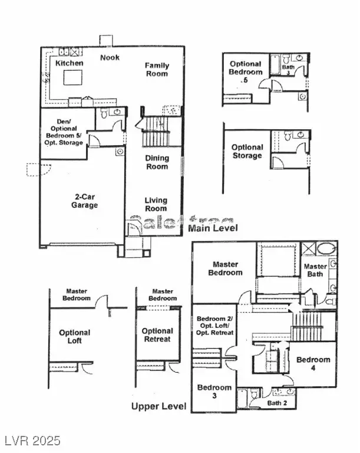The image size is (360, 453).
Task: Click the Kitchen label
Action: pos(69,63)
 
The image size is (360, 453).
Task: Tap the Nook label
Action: pos(110,57)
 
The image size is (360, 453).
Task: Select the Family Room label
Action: pos(157,70)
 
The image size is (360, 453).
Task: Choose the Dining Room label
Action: pos(157,162)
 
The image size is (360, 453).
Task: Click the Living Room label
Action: pos(156,204)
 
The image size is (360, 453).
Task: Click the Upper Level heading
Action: pos(158,406)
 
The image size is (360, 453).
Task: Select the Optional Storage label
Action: pos(247,152)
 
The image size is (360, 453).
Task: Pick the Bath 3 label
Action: pos(288,70)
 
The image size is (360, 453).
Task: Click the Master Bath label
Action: pos(315,271)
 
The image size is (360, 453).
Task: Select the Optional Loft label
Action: pos(75,337)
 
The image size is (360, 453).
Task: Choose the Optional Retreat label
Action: pos(157,335)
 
